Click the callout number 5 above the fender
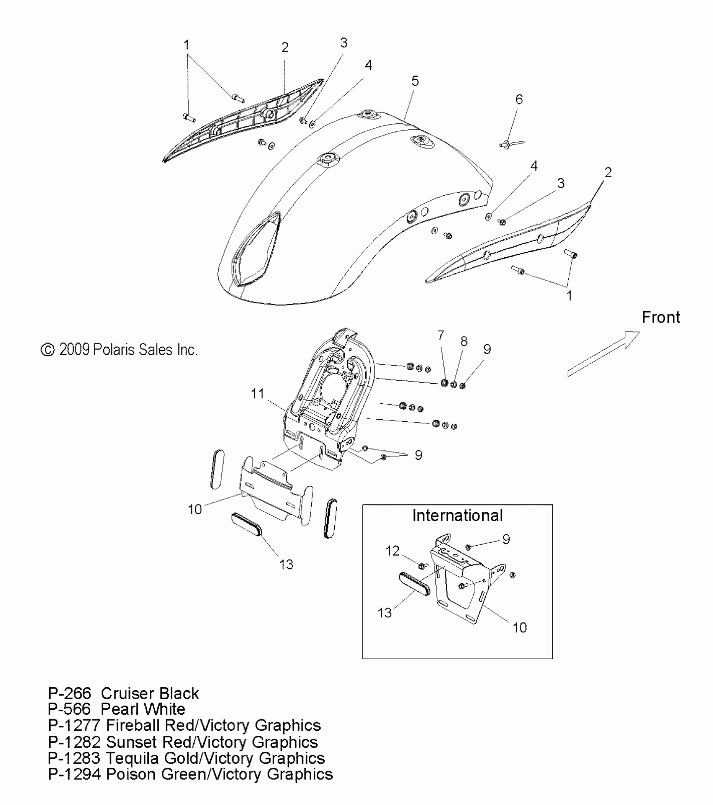[x=415, y=81]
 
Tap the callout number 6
[x=519, y=99]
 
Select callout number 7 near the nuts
[x=440, y=335]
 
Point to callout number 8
[x=464, y=341]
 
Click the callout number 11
[x=257, y=394]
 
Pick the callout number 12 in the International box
[x=393, y=551]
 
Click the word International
[x=457, y=515]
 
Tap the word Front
[x=661, y=318]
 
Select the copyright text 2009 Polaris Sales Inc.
[x=119, y=350]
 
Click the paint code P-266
[x=69, y=693]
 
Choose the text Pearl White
[x=143, y=709]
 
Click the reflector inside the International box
[x=414, y=585]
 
